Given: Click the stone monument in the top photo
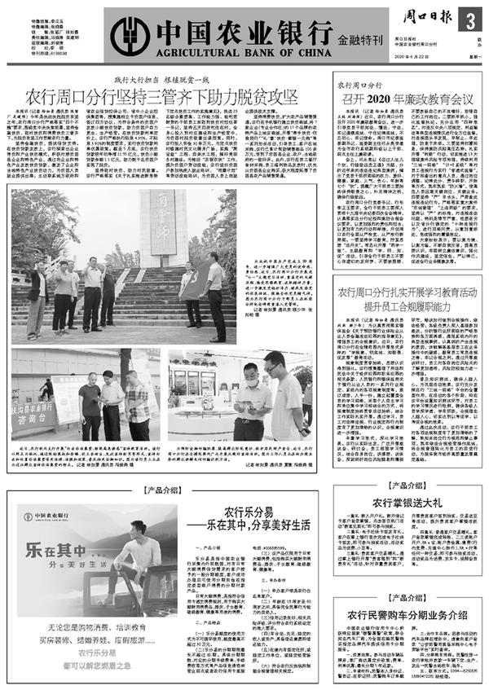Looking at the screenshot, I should tap(154, 235).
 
